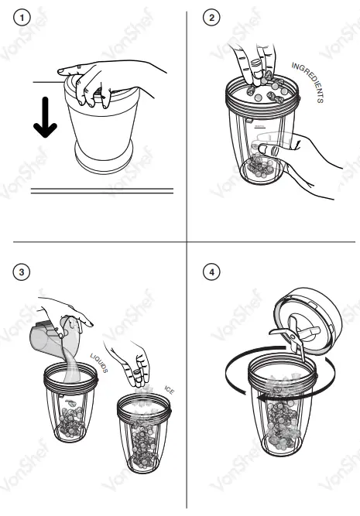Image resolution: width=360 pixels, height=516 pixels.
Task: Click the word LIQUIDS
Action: (98, 361)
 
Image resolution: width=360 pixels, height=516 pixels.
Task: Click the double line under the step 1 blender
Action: (101, 190)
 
